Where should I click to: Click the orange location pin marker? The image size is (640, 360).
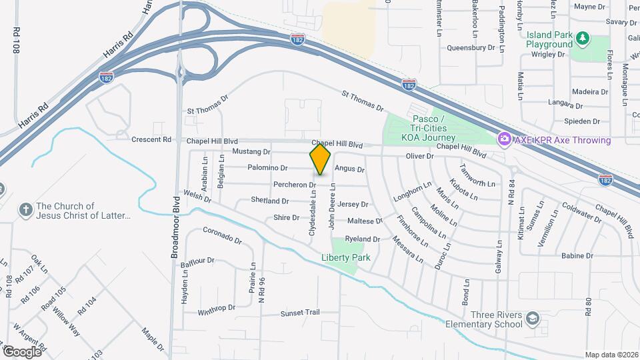pos(320,159)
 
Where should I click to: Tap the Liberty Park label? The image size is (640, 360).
pos(345,257)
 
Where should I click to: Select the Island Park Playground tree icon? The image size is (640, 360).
pos(583,38)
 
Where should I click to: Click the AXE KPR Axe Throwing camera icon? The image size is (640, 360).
pos(505,139)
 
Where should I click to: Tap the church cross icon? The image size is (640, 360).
pos(26,211)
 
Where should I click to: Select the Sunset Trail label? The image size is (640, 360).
pos(300,313)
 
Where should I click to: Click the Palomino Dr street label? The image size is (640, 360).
pos(267,168)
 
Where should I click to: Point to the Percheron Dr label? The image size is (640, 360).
pos(294,184)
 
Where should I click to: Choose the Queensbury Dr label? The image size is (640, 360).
pos(471,47)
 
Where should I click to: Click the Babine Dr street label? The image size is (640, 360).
pos(577,255)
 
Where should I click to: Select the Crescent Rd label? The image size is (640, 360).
pos(151,140)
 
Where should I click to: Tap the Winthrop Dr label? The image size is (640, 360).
pos(217,309)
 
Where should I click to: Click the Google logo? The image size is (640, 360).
pos(23,351)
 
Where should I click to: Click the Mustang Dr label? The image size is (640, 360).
pos(251,152)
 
